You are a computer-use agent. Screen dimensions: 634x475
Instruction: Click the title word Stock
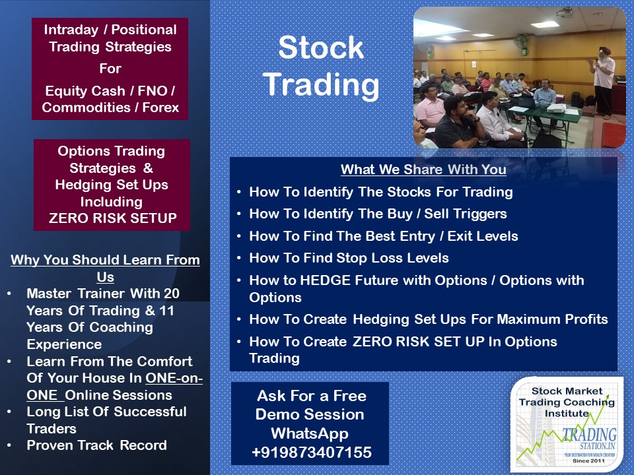coord(321,47)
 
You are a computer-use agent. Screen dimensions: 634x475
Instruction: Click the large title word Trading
coord(322,85)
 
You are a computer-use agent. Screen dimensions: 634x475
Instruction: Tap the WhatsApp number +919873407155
coord(311,453)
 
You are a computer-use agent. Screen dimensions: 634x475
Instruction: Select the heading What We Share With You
coord(423,170)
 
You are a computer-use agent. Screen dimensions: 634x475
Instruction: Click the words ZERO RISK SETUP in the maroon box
coord(113,218)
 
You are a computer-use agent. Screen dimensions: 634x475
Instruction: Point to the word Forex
coord(160,108)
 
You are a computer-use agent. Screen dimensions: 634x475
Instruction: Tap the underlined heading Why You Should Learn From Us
coord(105,269)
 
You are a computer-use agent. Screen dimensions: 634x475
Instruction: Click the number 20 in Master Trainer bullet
coord(172,293)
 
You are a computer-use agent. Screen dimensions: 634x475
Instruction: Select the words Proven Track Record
coord(96,445)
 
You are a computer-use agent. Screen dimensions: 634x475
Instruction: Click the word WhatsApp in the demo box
coord(310,433)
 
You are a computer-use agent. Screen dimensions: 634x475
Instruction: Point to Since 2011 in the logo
coord(588,461)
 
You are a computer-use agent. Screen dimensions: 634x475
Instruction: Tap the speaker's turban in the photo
coord(605,51)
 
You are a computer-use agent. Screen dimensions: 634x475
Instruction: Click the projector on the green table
coord(557,108)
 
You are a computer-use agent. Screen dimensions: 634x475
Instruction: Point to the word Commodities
coord(86,108)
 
